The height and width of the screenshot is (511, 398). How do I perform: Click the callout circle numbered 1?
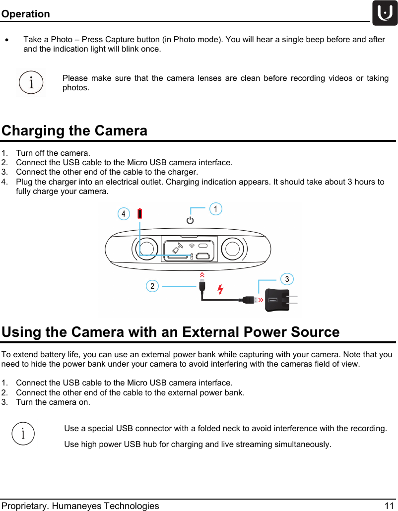pyautogui.click(x=215, y=209)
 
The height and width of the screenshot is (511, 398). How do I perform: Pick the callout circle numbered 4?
pyautogui.click(x=124, y=214)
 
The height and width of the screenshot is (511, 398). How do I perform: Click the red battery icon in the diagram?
pyautogui.click(x=140, y=214)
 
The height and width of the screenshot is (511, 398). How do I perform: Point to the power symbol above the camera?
pyautogui.click(x=190, y=220)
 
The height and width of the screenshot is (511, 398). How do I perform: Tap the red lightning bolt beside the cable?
pyautogui.click(x=220, y=289)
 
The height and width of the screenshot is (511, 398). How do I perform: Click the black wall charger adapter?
pyautogui.click(x=277, y=300)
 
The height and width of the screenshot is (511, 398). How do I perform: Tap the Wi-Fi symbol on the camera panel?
pyautogui.click(x=192, y=246)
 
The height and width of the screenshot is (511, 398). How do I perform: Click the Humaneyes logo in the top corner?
pyautogui.click(x=385, y=13)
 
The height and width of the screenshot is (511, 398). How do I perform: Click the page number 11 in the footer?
pyautogui.click(x=389, y=506)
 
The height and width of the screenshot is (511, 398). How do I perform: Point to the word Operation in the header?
pyautogui.click(x=25, y=14)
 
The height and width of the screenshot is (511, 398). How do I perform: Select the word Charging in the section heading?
pyautogui.click(x=34, y=131)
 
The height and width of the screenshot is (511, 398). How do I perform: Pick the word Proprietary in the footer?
pyautogui.click(x=23, y=506)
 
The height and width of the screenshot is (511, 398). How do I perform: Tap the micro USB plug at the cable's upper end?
pyautogui.click(x=202, y=286)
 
